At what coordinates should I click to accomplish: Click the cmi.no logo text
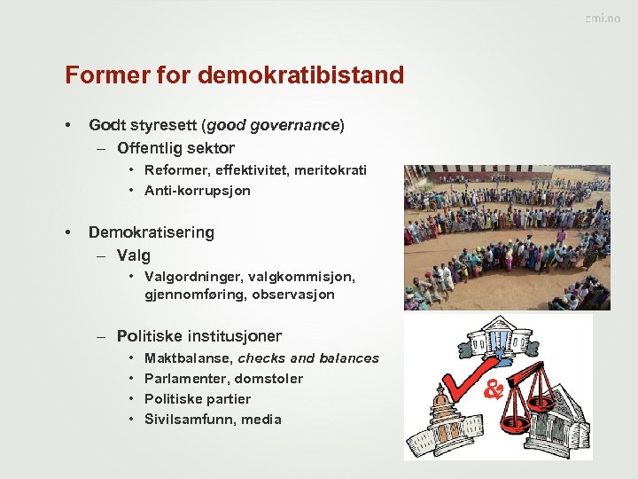click(603, 20)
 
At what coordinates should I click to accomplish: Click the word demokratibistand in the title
click(301, 75)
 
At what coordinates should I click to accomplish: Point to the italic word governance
click(297, 126)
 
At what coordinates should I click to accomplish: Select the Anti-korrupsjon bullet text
click(197, 191)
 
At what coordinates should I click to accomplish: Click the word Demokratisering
click(151, 232)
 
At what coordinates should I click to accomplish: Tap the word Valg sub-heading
click(134, 255)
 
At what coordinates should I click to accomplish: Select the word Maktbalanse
click(189, 358)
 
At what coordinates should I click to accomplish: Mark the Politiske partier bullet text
click(197, 399)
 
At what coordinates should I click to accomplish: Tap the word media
click(261, 420)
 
